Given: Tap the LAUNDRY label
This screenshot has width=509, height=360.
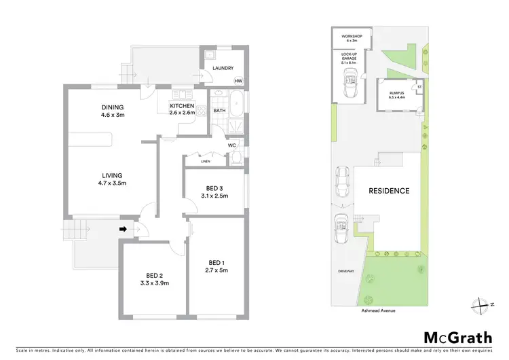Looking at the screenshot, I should [223, 68].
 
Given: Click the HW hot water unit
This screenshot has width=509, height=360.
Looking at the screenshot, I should [238, 82].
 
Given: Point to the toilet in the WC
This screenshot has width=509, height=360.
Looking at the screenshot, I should [235, 158].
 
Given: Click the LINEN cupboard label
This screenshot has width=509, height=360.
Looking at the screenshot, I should [205, 162].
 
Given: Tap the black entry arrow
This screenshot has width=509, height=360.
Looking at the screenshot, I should [124, 230].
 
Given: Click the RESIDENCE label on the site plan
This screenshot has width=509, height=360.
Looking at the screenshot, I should [389, 191].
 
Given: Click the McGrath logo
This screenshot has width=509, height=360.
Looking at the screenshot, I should [458, 338].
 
